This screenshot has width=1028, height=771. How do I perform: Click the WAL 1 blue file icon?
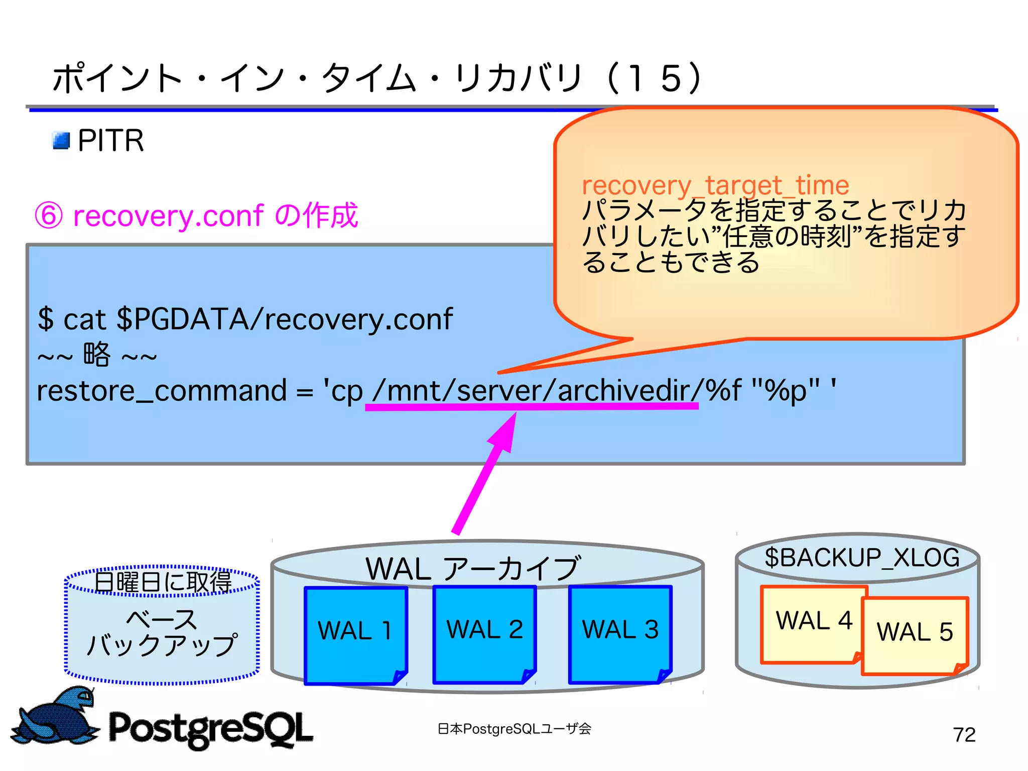355,635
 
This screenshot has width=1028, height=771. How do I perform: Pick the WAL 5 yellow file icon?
915,635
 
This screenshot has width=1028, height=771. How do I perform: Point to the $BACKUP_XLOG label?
861,558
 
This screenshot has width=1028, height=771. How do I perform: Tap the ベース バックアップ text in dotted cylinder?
162,633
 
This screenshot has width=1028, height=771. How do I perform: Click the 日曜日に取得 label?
163,582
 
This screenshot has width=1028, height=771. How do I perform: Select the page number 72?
964,735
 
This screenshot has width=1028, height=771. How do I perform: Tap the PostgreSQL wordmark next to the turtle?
211,728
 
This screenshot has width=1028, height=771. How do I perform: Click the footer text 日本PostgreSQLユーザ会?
514,729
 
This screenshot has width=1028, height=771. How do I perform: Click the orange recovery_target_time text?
715,185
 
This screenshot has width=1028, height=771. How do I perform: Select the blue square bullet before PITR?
61,141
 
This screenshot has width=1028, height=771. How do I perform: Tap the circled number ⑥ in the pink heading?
49,216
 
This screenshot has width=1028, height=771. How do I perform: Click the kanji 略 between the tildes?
96,355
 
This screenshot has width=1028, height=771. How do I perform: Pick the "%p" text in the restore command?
785,391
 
